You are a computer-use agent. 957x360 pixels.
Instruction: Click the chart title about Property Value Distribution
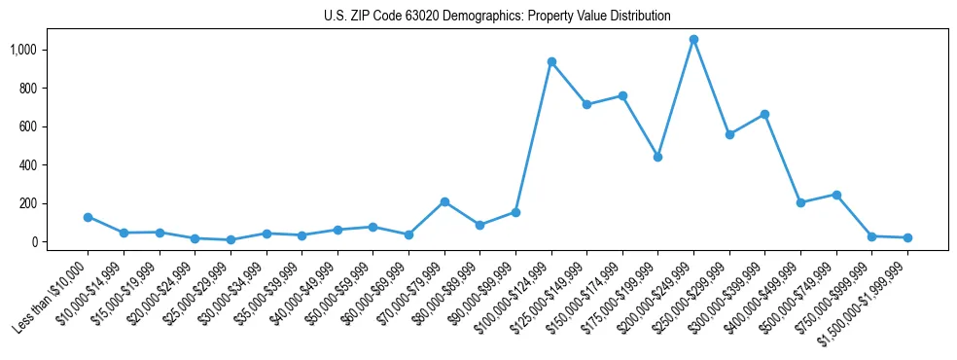[x=497, y=16]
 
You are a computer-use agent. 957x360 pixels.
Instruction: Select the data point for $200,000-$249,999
[x=693, y=40]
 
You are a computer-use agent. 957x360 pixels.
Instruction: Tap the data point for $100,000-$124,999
[x=551, y=61]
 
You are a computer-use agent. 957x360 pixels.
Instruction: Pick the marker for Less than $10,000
[x=88, y=217]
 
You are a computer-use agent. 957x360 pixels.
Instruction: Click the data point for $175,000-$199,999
[x=657, y=157]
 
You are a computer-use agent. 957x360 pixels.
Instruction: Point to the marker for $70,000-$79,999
[x=444, y=201]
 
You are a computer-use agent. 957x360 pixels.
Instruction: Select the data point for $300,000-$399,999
[x=764, y=114]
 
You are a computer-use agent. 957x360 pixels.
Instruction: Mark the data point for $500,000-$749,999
[x=836, y=195]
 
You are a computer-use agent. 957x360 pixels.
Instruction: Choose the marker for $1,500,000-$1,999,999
[x=907, y=237]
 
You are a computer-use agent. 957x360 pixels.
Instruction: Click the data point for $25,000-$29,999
[x=230, y=239]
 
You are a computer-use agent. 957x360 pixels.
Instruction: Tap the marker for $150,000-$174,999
[x=622, y=95]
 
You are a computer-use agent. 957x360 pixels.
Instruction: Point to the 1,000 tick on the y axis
[x=48, y=50]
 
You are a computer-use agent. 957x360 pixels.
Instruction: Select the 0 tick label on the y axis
[x=58, y=241]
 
